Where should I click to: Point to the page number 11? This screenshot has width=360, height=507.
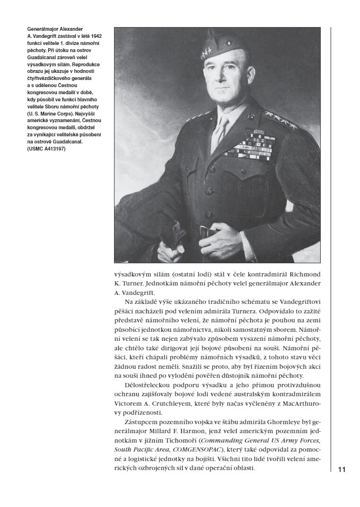pyautogui.click(x=342, y=470)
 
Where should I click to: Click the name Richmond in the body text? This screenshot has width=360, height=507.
pyautogui.click(x=304, y=275)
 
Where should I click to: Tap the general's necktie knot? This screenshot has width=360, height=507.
pyautogui.click(x=220, y=121)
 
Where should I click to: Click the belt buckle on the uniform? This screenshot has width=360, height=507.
pyautogui.click(x=207, y=231)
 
